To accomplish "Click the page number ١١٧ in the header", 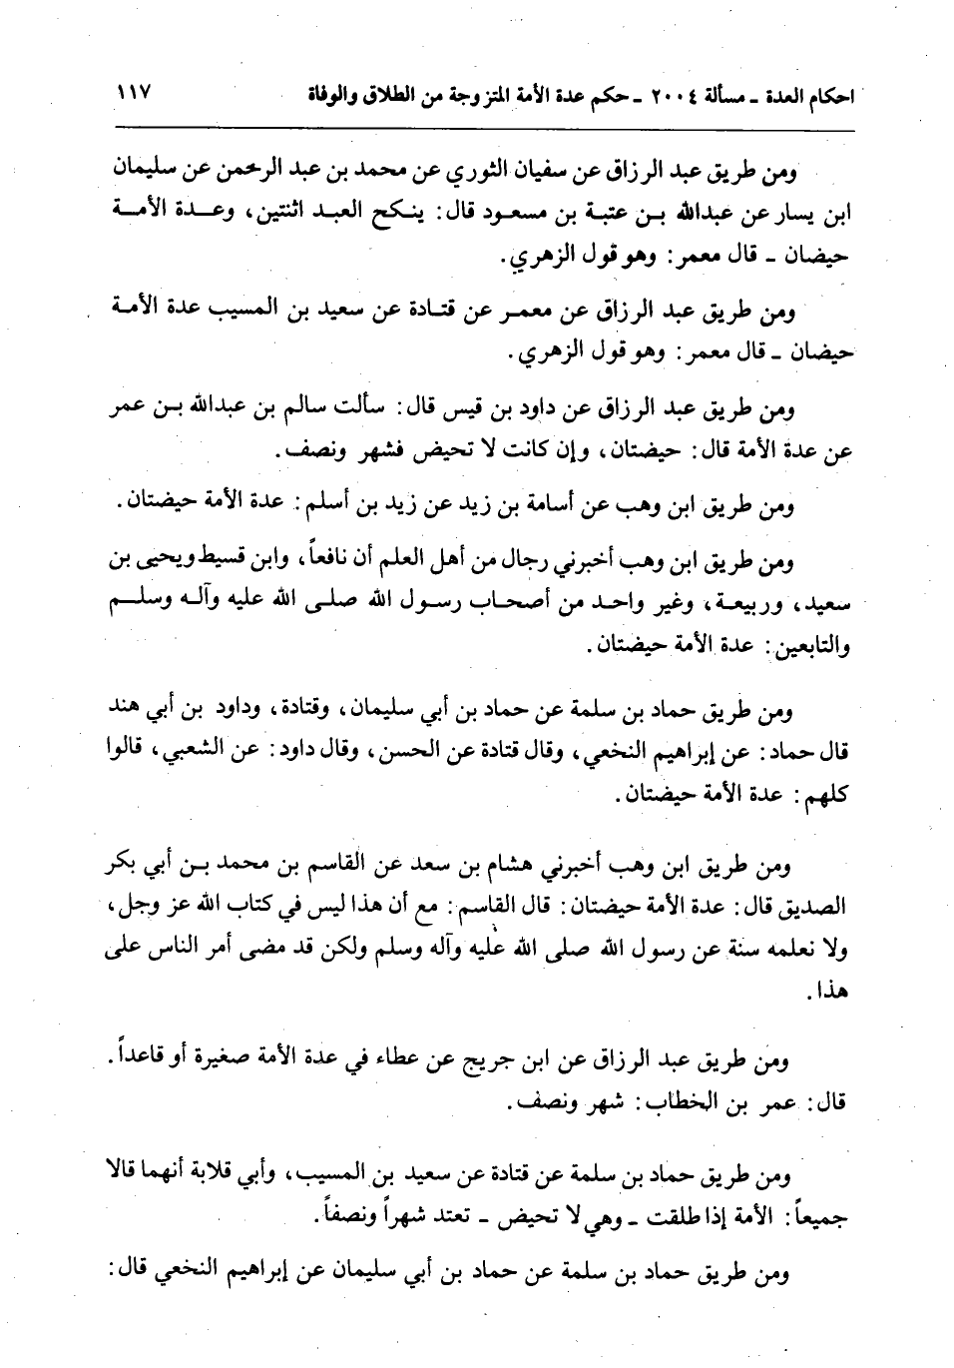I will coord(132,98).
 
